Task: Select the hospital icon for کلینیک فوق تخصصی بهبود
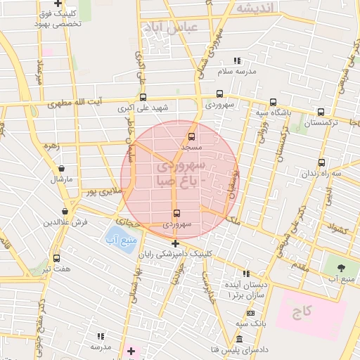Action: click(58, 4)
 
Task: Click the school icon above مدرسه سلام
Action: click(237, 61)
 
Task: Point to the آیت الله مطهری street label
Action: click(75, 103)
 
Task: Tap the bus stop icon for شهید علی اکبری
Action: click(143, 98)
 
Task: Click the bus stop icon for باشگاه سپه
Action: click(274, 103)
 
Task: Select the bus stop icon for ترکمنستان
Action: click(321, 112)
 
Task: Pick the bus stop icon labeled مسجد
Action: click(191, 137)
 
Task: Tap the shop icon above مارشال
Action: click(63, 169)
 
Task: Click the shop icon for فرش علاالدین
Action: click(65, 211)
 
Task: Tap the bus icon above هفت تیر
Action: click(56, 258)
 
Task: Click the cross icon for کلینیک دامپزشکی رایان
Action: click(176, 243)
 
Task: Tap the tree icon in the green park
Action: click(341, 268)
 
